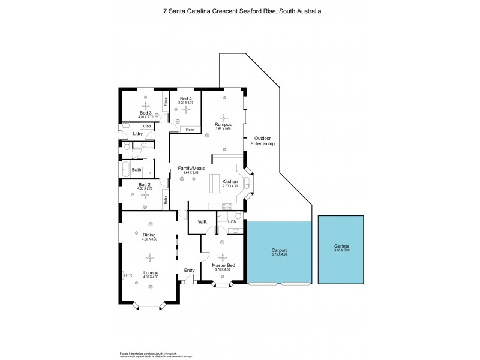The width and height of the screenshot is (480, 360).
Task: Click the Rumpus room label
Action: (223, 125)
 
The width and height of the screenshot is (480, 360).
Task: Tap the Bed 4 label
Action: (185, 98)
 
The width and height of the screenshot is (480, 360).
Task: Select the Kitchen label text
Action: (230, 181)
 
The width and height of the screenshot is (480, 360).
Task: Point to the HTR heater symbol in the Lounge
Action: (128, 275)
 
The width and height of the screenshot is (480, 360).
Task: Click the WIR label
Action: (202, 222)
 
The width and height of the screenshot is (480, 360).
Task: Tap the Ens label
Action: (232, 221)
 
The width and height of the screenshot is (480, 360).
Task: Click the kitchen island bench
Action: (214, 184)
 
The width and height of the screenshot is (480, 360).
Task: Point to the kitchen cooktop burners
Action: (227, 206)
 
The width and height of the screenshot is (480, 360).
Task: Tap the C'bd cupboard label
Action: (146, 126)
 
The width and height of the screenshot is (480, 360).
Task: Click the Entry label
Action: (190, 270)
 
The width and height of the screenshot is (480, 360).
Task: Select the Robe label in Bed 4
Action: (190, 130)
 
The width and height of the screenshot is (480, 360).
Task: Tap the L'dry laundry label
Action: (137, 134)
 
